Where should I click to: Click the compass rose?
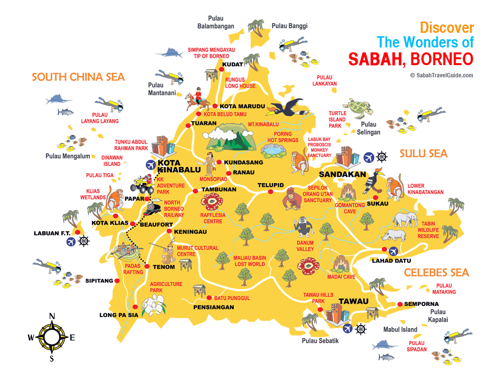coord(51,337)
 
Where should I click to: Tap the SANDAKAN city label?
coord(342,174)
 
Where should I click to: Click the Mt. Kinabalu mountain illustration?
coord(230,137)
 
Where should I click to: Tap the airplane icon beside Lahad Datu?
coord(393,251)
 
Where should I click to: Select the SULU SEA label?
coord(423,154)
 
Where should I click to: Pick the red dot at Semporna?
coord(400,304)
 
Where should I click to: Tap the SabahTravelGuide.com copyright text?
coord(442,75)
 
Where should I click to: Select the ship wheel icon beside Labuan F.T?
coord(85,241)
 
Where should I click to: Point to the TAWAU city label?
coord(353,301)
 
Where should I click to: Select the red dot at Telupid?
coord(270,192)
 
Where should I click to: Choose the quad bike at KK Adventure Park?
coord(142,184)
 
